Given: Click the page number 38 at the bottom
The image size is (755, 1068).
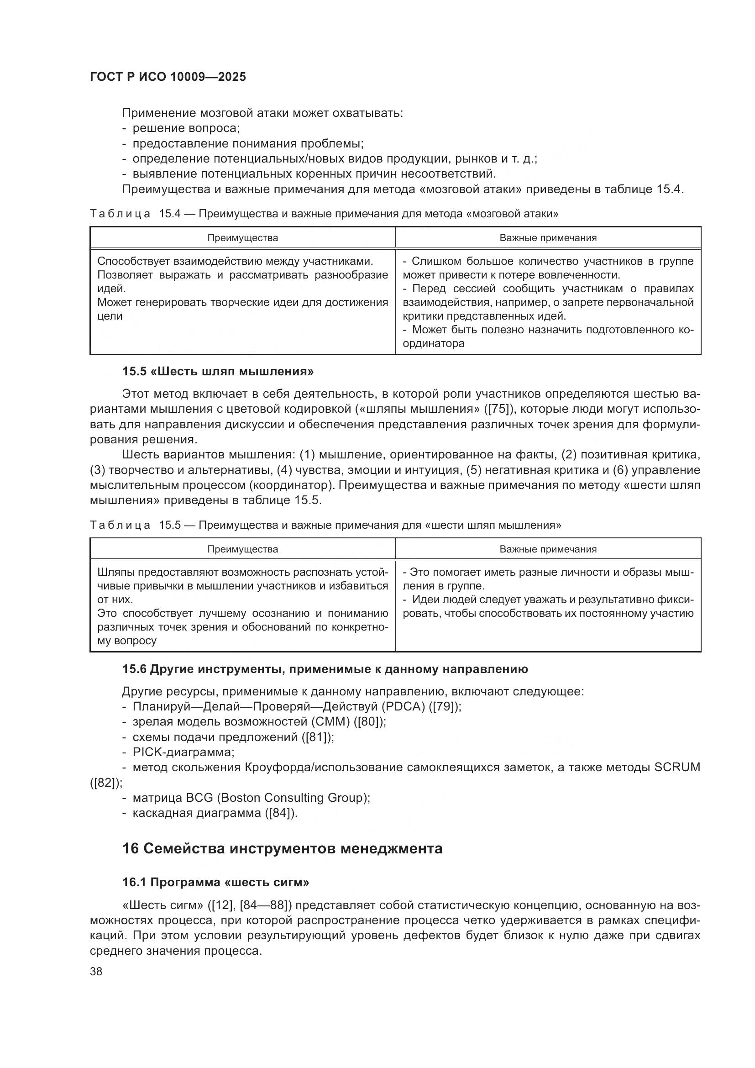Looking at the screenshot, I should (96, 971).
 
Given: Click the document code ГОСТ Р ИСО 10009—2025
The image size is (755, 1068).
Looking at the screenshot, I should (168, 77).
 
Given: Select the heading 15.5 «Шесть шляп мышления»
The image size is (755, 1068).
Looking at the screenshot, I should (218, 371).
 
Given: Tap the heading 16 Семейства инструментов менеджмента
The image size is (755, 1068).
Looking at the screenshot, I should (282, 848).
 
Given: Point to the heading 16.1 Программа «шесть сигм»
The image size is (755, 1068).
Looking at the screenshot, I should (216, 882).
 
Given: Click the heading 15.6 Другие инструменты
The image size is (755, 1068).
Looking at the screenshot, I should (325, 669).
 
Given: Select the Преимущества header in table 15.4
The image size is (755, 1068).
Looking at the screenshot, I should (242, 238).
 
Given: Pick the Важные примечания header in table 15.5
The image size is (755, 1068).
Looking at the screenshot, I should (548, 549).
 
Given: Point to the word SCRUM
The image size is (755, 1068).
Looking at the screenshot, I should (676, 767).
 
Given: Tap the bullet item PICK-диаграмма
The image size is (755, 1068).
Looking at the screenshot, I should (183, 752).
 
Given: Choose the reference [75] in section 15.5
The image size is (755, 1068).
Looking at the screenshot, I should (499, 409).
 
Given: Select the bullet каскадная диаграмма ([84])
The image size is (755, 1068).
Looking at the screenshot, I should (215, 813).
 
